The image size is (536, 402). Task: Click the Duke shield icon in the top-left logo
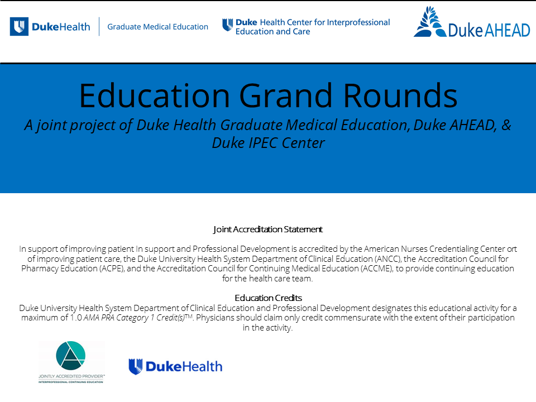[19, 26]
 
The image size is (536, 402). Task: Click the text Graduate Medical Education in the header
[157, 27]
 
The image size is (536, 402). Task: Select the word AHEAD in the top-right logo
[508, 30]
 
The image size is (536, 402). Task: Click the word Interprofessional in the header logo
[358, 22]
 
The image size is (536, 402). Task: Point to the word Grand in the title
[285, 95]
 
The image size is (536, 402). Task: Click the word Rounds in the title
[400, 95]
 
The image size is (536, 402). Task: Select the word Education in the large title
[155, 95]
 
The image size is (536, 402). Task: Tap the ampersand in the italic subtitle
[506, 125]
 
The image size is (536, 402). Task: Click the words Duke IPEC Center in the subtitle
[269, 143]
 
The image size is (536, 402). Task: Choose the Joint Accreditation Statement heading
[268, 229]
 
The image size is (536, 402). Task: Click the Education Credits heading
[269, 298]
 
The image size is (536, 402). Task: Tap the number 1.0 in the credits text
[76, 318]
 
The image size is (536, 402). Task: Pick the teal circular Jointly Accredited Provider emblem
[71, 356]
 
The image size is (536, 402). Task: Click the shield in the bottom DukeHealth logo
[135, 366]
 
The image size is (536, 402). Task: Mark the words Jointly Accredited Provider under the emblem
[71, 376]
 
